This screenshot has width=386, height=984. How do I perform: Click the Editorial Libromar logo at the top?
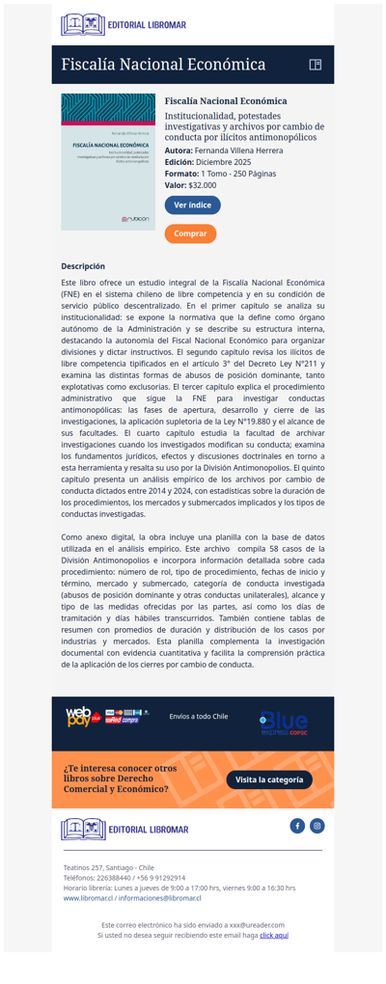(x=124, y=24)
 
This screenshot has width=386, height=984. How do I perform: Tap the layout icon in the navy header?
(x=315, y=65)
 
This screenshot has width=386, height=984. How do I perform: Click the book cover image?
(x=108, y=161)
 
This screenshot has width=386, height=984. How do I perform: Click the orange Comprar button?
(x=190, y=233)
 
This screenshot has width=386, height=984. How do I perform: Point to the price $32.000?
(x=203, y=185)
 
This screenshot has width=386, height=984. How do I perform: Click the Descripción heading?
(x=83, y=266)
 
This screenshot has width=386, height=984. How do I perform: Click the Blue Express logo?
(x=283, y=723)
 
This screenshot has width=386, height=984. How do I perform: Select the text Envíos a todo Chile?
(x=198, y=717)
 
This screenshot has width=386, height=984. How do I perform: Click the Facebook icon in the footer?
(x=297, y=826)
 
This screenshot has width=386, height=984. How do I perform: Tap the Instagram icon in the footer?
(x=317, y=826)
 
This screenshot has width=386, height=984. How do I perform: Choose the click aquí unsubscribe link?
(x=274, y=936)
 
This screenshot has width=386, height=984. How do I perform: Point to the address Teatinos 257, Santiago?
(x=101, y=867)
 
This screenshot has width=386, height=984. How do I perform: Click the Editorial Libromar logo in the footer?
(x=124, y=830)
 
